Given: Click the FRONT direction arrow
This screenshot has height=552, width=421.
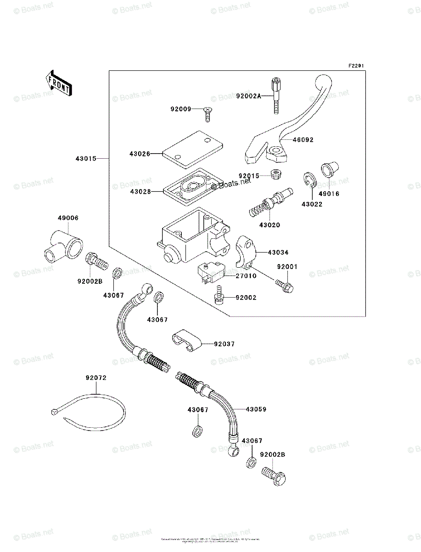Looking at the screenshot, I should click(58, 83).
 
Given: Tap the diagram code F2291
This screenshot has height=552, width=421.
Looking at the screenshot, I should click(356, 66).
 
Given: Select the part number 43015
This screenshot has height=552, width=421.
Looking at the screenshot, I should click(86, 159).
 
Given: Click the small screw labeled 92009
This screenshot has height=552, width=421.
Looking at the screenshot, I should click(208, 112).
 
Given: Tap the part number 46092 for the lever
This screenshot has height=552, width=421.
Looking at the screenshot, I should click(303, 140).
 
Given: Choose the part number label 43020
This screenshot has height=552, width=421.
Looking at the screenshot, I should click(269, 225).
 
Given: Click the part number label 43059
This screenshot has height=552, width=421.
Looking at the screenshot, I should click(256, 408).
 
